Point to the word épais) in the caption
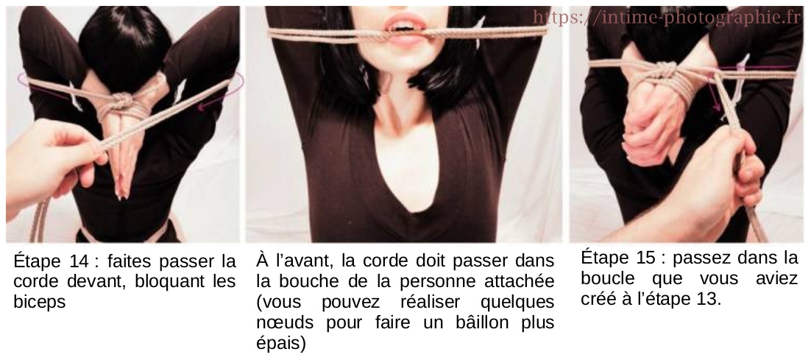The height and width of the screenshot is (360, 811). (x=280, y=343)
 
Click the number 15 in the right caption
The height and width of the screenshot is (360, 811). (x=645, y=258)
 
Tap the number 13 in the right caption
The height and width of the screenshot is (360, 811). (x=706, y=300)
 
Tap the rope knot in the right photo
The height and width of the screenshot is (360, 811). (x=666, y=73)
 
